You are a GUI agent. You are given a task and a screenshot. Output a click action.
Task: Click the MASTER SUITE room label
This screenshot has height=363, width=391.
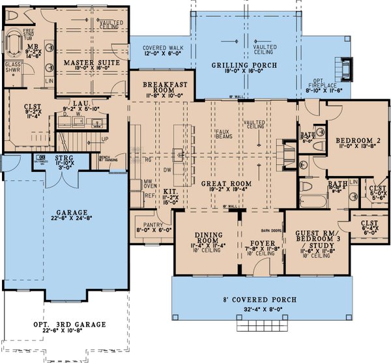click(89, 63)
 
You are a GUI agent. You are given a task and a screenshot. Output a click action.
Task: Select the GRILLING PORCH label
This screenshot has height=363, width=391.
click(244, 66)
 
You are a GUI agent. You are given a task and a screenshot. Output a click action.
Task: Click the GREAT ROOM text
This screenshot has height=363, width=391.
click(225, 184)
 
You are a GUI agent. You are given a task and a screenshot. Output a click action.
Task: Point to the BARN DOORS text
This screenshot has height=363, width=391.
click(269, 229)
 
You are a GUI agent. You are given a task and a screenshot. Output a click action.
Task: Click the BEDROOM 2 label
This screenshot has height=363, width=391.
click(358, 140)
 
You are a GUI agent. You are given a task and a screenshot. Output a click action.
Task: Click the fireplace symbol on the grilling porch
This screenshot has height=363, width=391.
click(345, 68)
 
